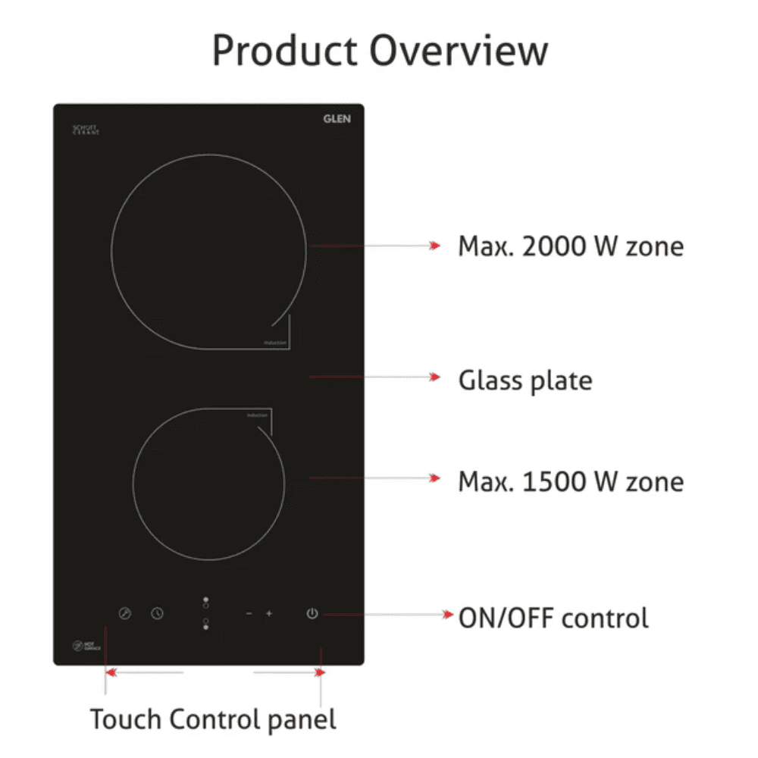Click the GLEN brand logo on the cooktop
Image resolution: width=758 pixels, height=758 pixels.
point(337,119)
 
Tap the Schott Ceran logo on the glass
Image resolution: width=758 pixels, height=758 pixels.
point(86,130)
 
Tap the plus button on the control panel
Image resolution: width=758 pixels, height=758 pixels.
point(268,613)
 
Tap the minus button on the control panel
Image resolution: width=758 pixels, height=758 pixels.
point(249,613)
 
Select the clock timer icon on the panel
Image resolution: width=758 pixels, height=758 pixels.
point(157,613)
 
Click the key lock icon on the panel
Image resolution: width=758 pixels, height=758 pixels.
point(125,613)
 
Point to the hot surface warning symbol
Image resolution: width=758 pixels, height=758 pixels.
point(77,647)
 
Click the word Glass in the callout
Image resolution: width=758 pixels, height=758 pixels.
point(489,380)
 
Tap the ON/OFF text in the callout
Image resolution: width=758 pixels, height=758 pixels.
point(504,618)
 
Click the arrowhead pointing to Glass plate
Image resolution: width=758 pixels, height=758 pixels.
point(434,377)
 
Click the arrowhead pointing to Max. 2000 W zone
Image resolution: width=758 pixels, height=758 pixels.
point(434,246)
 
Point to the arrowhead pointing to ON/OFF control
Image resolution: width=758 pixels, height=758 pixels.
point(447,615)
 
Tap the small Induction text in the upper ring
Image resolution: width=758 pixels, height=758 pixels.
point(275,343)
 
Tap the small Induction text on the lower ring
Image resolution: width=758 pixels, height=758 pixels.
point(258,415)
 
